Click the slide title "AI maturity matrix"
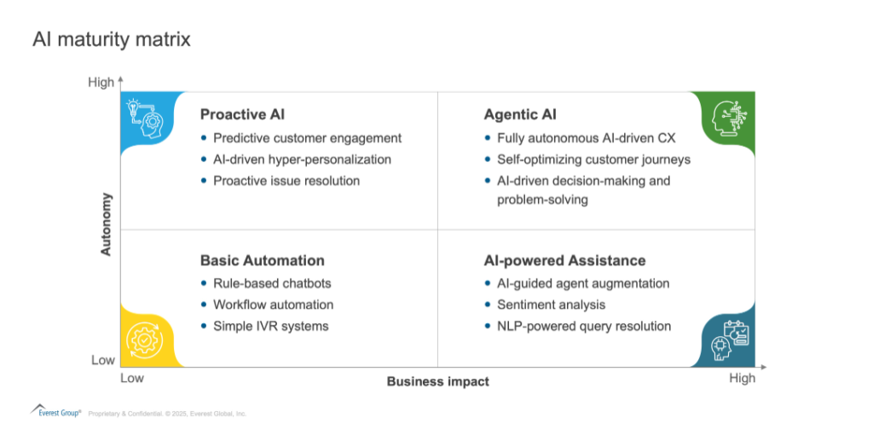112,39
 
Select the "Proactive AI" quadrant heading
242,114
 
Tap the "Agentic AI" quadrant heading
520,114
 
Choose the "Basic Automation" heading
263,261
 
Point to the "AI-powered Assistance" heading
564,261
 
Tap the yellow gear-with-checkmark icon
145,340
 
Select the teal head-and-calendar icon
731,340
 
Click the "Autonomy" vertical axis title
106,224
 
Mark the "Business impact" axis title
438,381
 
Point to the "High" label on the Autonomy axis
101,83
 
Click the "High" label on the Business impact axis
743,378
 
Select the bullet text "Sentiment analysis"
552,305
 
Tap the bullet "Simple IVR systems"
270,327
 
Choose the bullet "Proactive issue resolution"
286,181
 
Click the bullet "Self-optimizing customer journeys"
593,160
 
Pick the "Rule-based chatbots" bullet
272,283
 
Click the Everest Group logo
55,411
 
